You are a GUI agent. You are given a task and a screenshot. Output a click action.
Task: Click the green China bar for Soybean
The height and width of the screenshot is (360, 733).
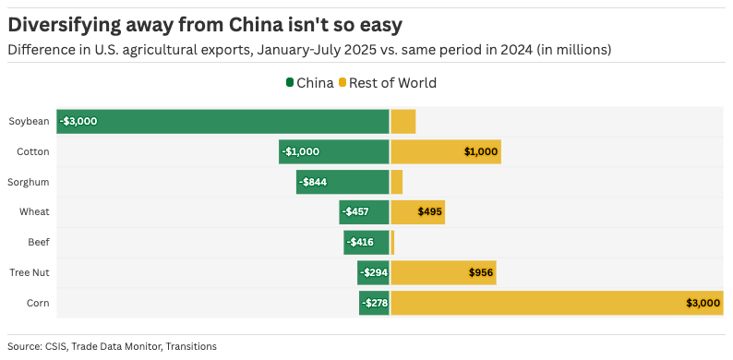222,121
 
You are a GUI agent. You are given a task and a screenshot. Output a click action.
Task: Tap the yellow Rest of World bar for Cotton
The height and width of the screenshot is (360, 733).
446,151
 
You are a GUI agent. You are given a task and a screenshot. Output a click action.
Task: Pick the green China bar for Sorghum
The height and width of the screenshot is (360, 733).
342,182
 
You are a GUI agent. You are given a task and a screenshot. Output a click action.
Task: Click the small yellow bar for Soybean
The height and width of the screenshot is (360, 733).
403,121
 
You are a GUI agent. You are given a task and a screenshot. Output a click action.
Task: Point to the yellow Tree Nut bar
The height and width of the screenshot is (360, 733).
444,272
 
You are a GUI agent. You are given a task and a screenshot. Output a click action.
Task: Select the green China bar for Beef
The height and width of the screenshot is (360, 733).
366,242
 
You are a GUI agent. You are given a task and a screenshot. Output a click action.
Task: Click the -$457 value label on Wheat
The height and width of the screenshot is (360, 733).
355,212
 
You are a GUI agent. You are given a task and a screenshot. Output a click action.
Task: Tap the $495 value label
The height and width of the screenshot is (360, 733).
429,212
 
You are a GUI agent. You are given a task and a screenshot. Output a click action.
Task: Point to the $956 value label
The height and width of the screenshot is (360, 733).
482,272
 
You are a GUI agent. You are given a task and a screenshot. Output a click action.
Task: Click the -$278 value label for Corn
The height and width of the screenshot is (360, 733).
375,303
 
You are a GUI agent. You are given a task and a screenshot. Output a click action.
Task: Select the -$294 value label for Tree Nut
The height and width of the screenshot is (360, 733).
374,272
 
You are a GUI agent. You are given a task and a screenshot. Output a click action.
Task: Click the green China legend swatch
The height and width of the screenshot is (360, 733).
290,83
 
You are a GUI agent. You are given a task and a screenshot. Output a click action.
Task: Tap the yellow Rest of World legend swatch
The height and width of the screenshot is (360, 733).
343,83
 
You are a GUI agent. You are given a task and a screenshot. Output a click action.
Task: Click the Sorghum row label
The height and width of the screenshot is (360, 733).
29,182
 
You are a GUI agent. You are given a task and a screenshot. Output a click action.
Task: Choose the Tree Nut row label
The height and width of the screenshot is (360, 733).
30,272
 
